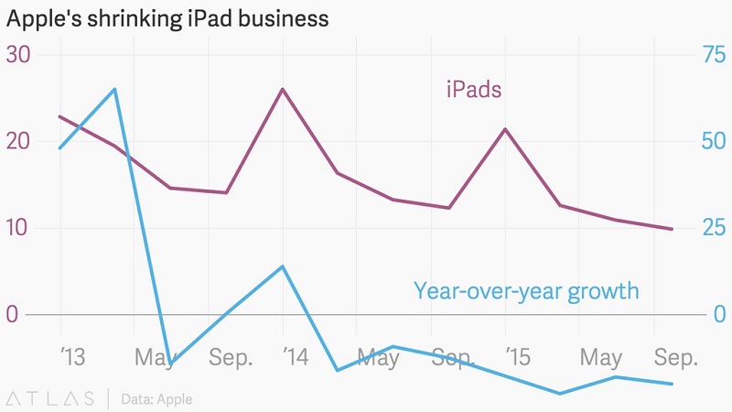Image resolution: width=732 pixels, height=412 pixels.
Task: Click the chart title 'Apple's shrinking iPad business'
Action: [167, 18]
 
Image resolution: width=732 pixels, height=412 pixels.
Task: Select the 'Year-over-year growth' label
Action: [526, 291]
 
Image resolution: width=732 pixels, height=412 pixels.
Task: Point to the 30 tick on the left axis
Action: [19, 55]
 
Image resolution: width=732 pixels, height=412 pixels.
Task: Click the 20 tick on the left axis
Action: [19, 141]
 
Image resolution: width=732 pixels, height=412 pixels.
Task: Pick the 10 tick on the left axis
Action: [19, 227]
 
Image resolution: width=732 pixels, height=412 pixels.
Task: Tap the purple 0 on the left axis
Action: [13, 314]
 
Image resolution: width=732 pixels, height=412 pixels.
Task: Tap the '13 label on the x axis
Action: [71, 357]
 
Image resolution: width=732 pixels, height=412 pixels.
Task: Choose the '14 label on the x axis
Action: [295, 357]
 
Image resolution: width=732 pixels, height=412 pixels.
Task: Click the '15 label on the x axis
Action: [518, 357]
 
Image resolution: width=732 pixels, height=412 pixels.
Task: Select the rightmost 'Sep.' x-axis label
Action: [676, 357]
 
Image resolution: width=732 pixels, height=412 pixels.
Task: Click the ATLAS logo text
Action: [50, 398]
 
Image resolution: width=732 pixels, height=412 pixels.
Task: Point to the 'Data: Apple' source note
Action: [156, 399]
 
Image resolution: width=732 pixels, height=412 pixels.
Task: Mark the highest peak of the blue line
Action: [114, 89]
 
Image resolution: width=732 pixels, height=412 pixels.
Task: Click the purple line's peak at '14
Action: [283, 89]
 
